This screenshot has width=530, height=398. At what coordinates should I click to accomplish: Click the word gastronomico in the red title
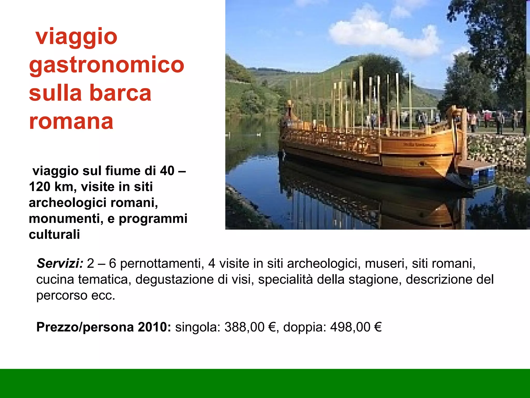pyautogui.click(x=106, y=65)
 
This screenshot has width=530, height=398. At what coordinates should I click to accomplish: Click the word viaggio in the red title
pyautogui.click(x=77, y=37)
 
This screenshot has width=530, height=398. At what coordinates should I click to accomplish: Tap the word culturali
pyautogui.click(x=54, y=234)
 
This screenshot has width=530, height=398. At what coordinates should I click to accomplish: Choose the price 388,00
pyautogui.click(x=244, y=327)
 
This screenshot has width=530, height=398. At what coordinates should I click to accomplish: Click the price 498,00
pyautogui.click(x=350, y=327)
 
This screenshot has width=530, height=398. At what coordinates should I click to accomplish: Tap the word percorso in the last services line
pyautogui.click(x=61, y=295)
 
